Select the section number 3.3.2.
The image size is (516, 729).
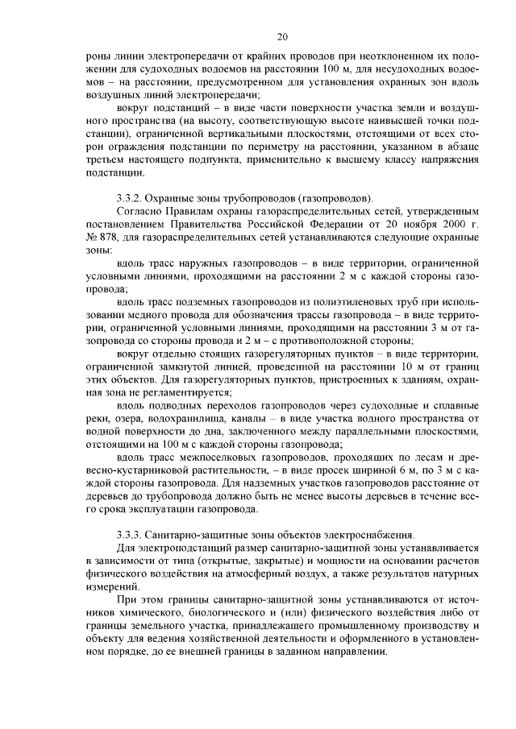pos(131,197)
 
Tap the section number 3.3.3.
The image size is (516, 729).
pos(131,535)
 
